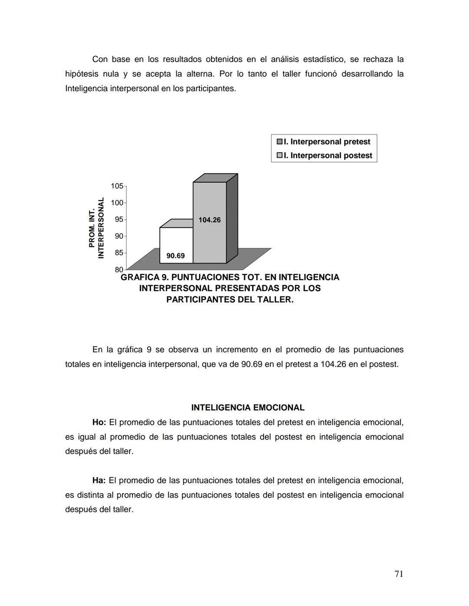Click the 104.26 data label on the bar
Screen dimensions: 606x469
coord(209,220)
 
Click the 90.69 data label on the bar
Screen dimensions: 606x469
coord(175,256)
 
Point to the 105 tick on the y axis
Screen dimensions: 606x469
coord(117,186)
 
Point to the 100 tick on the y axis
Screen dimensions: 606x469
coord(117,203)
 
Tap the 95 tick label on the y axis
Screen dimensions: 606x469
coord(119,219)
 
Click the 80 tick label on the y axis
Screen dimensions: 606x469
coord(119,270)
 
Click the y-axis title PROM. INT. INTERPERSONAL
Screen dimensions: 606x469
coord(96,228)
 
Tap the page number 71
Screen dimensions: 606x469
coord(399,574)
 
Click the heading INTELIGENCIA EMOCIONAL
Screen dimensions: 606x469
coord(248,408)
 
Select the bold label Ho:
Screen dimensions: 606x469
coord(99,422)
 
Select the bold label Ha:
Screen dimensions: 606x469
coord(99,480)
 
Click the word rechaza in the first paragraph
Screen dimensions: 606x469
coord(378,59)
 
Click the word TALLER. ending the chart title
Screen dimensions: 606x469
coord(274,300)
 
